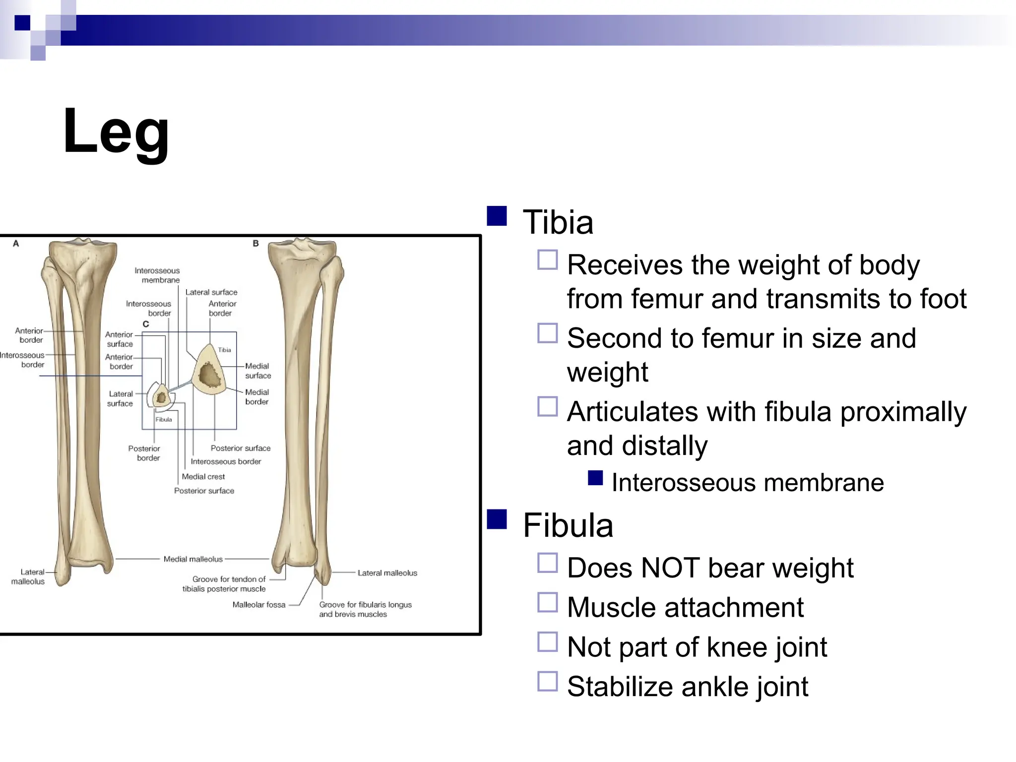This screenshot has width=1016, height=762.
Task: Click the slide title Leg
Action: pyautogui.click(x=116, y=132)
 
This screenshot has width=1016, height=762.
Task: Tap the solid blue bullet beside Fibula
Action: pyautogui.click(x=497, y=519)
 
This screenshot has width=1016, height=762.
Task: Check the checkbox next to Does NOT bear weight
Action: pyautogui.click(x=547, y=563)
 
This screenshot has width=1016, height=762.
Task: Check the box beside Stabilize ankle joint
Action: pyautogui.click(x=547, y=681)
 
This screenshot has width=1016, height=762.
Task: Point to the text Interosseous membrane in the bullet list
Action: pyautogui.click(x=747, y=483)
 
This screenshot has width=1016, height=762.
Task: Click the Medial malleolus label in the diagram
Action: pyautogui.click(x=193, y=559)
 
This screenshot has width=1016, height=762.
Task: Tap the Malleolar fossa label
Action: pyautogui.click(x=258, y=605)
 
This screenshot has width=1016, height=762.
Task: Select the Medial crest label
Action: pyautogui.click(x=203, y=477)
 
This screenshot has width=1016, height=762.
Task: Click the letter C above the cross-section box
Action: pyautogui.click(x=146, y=324)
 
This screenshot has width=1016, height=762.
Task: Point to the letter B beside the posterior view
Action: pyautogui.click(x=256, y=244)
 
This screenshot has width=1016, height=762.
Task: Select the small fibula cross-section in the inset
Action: pyautogui.click(x=161, y=397)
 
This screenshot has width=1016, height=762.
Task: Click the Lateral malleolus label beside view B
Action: pyautogui.click(x=387, y=573)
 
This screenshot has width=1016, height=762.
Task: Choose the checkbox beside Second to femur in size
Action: pyautogui.click(x=547, y=333)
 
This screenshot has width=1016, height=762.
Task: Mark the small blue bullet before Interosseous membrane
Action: pyautogui.click(x=595, y=478)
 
